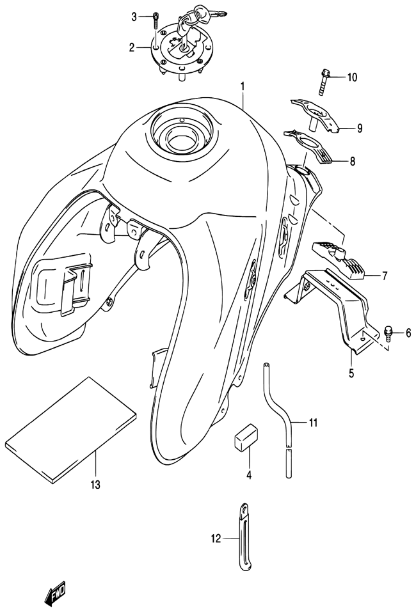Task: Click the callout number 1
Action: pos(243,86)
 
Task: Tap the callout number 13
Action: pos(95,485)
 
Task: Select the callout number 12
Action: pos(216,539)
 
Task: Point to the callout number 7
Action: pos(385,276)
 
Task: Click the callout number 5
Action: pos(351,373)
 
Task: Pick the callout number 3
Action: pos(134,17)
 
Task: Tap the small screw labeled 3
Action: pos(156,20)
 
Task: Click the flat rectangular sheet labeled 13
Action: pos(70,430)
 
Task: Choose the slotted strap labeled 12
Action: pos(244,539)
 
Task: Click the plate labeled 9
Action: pos(316,114)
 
